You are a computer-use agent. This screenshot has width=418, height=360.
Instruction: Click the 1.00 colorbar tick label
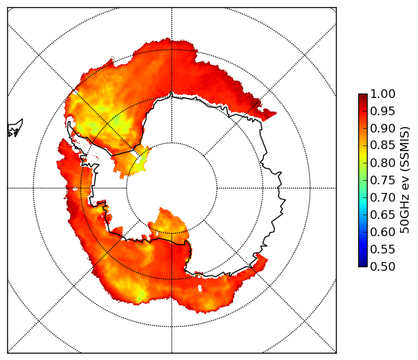pos(383,94)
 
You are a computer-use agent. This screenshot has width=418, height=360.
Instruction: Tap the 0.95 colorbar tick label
pos(383,112)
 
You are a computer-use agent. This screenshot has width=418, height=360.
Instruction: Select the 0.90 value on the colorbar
pos(383,128)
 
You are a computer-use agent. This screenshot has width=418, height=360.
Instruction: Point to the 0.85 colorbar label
pos(383,145)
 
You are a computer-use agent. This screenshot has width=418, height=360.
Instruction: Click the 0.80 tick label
pos(383,163)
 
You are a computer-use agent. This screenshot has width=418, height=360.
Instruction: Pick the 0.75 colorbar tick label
pos(383,180)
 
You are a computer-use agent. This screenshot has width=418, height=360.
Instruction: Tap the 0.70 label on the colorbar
pos(383,197)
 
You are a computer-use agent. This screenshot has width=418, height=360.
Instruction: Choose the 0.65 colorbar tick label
pos(383,215)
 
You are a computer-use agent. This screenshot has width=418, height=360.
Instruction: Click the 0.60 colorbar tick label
pos(383,232)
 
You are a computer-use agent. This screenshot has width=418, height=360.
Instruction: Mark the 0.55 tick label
pos(383,249)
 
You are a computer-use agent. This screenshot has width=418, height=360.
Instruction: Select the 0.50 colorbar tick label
pos(383,266)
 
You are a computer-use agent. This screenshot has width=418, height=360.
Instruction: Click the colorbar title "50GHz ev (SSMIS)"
pos(405,180)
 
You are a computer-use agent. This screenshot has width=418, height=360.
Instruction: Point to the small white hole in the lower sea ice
pos(200,288)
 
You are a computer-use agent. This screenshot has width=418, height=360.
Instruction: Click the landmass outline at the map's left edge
pos(15,128)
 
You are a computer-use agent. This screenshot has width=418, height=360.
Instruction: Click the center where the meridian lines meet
pos(172,188)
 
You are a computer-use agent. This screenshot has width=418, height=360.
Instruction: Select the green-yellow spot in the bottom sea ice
pos(141,296)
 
